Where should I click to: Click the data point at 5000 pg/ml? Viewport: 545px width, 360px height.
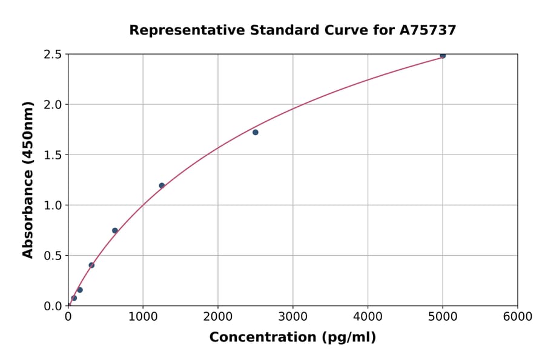pos(443,56)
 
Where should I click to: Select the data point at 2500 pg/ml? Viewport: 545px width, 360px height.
pos(256,132)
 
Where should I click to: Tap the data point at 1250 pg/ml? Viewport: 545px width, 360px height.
pos(162,185)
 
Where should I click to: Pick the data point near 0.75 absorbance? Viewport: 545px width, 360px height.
pos(115,230)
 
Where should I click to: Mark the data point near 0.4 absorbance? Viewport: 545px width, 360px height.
pos(91,265)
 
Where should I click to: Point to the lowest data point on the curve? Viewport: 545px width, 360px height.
pos(74,298)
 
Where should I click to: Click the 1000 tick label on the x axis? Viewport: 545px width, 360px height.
pos(143,317)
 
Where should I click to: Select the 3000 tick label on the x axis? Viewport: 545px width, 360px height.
pos(293,317)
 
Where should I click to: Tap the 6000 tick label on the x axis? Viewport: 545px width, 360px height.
pos(518,317)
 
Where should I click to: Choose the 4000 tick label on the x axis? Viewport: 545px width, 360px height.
pos(368,317)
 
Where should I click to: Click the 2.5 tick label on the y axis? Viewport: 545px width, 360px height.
pos(53,55)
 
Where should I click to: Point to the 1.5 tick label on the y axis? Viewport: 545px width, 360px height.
pos(53,155)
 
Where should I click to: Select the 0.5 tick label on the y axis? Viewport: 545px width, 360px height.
pos(53,256)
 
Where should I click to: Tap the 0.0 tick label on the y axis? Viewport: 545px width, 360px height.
pos(53,306)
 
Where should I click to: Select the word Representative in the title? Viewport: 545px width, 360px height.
pos(176,30)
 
